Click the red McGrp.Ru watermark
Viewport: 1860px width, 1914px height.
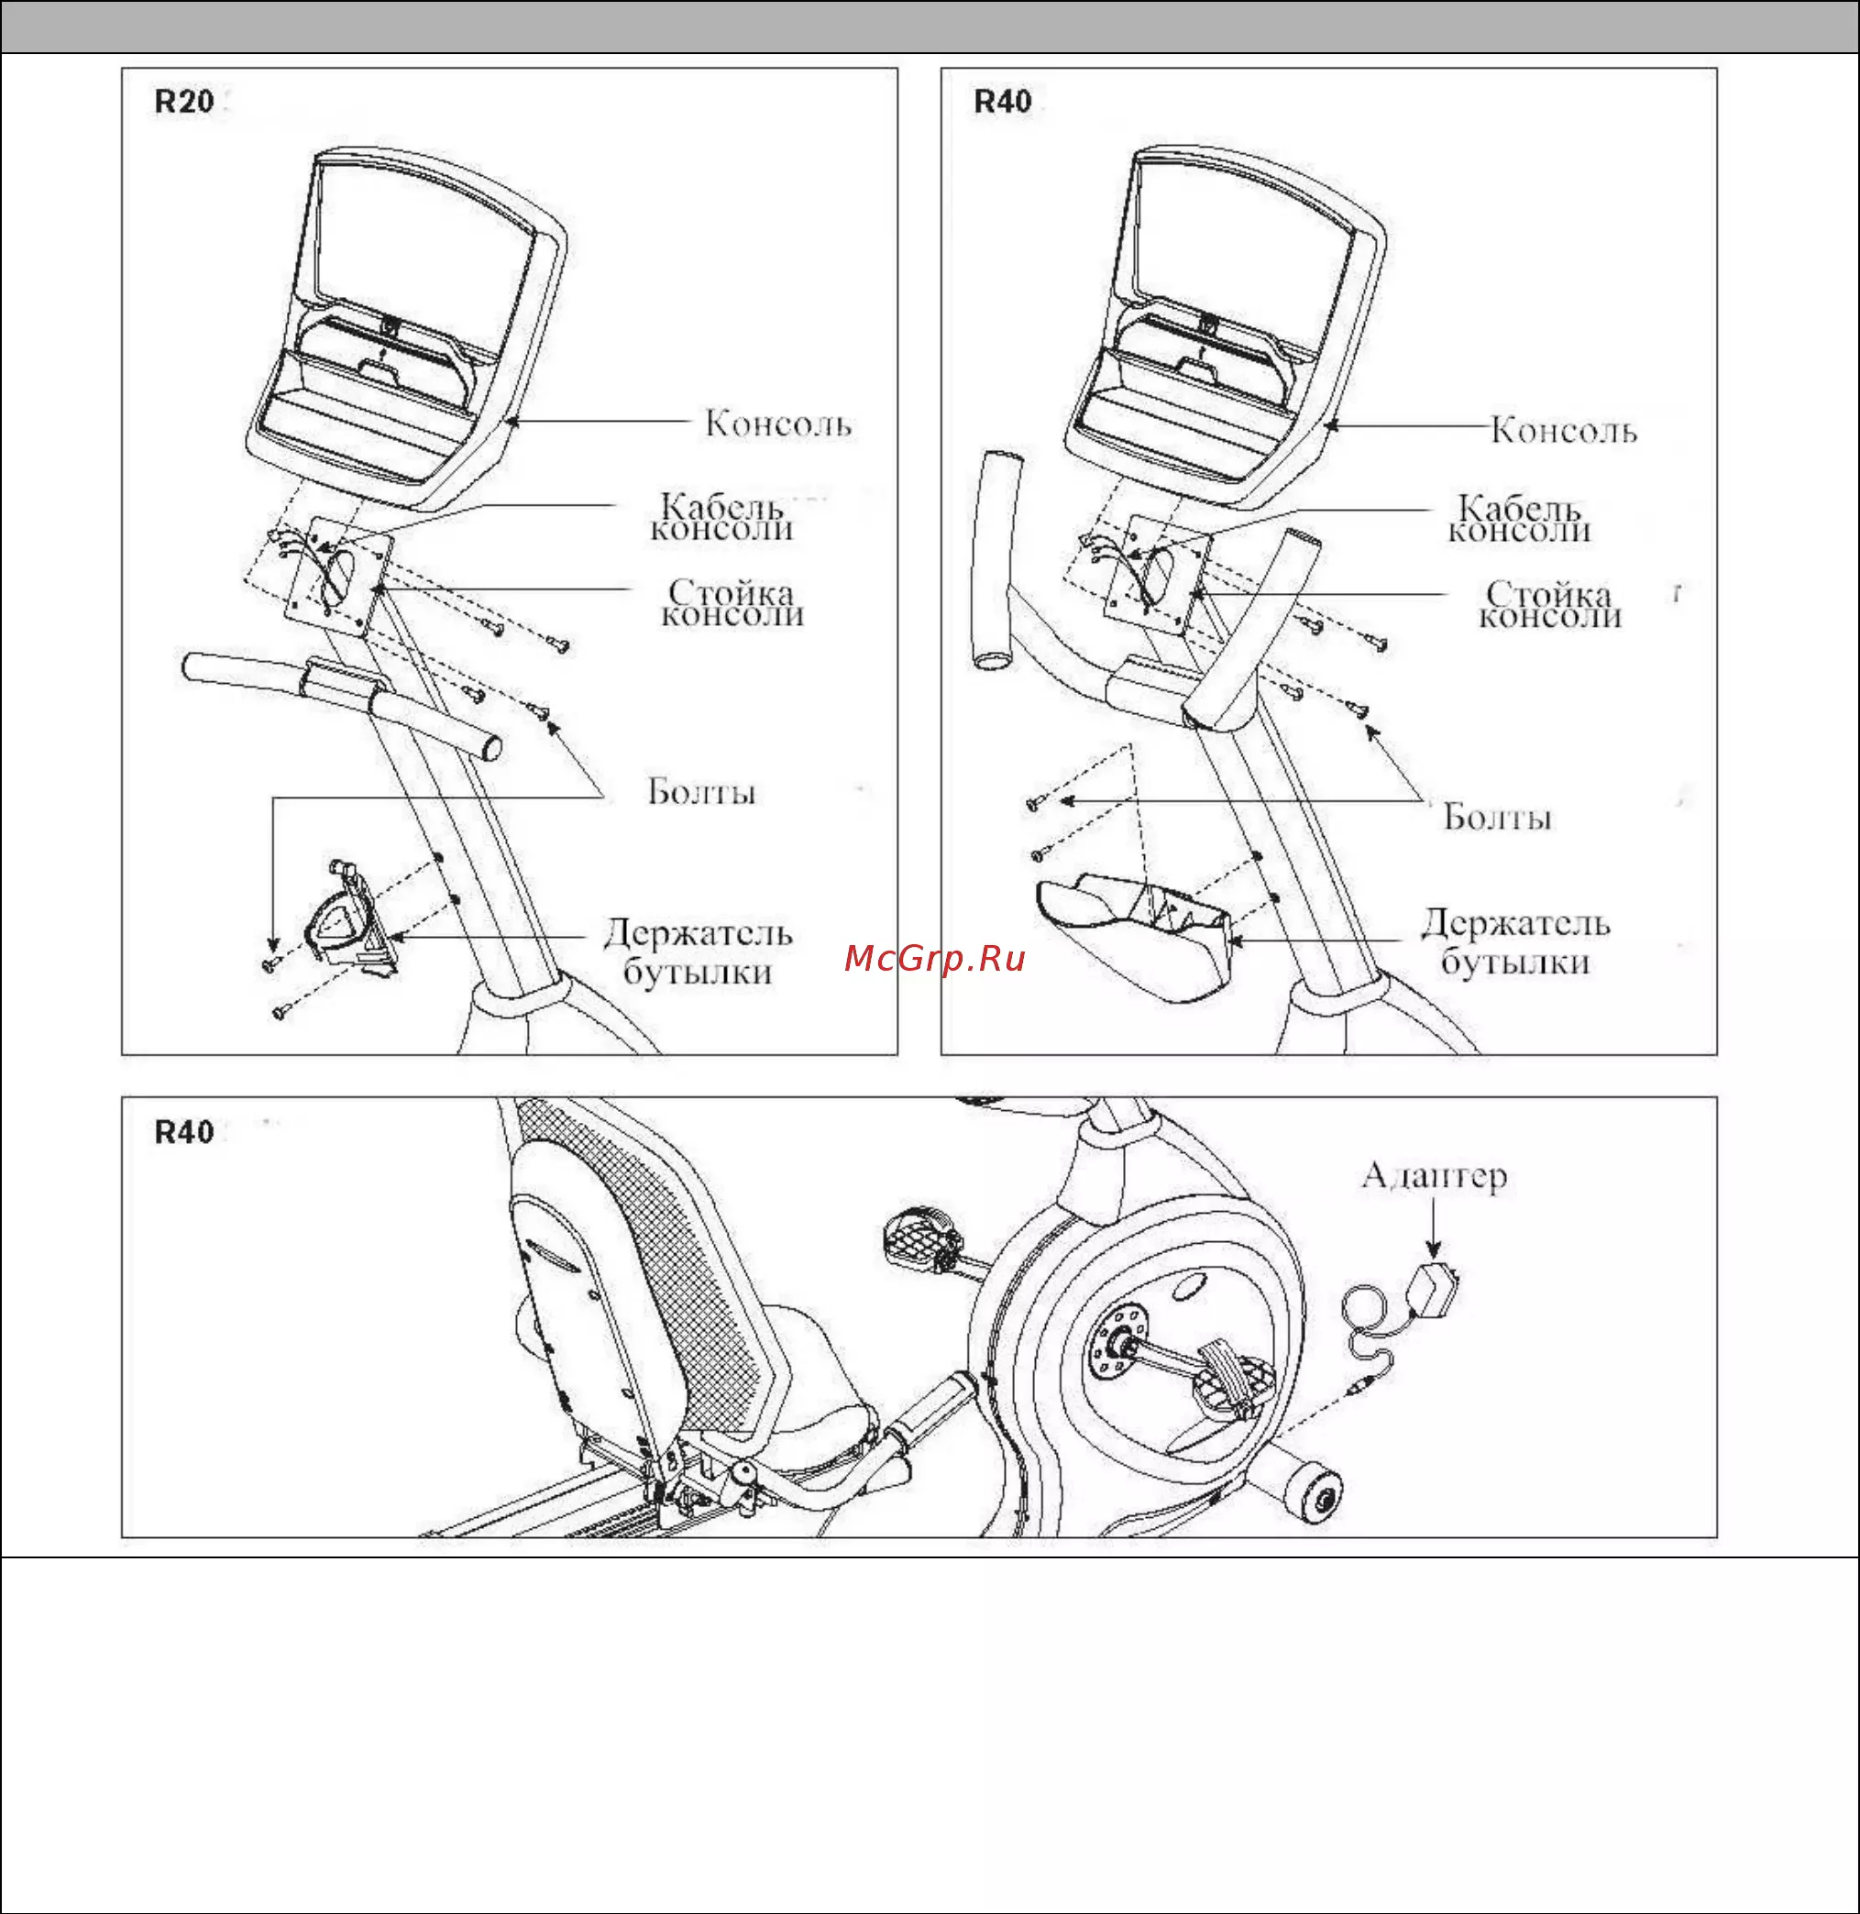(934, 959)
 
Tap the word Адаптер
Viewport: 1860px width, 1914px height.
(1433, 1175)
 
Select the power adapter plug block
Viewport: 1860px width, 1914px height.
(1434, 1287)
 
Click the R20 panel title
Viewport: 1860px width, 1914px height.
(183, 102)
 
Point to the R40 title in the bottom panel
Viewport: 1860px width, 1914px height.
(183, 1131)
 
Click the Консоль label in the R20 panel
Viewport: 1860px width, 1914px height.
(777, 424)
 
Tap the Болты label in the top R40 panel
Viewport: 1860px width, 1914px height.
(1497, 817)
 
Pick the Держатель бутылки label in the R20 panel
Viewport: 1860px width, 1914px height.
(698, 951)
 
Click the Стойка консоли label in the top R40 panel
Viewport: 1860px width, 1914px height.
(1549, 605)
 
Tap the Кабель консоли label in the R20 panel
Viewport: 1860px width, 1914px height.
(722, 518)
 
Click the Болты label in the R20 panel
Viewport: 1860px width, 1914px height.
(701, 791)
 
